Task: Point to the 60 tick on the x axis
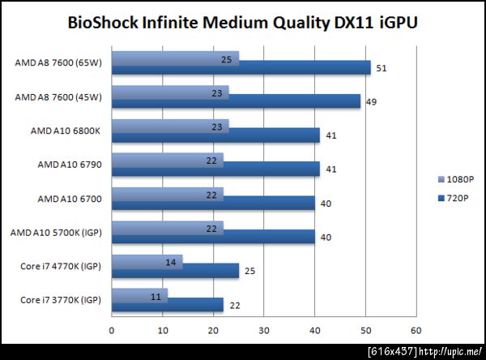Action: (416, 330)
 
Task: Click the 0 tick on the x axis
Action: (112, 330)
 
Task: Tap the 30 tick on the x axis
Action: (264, 330)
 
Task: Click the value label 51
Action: (381, 69)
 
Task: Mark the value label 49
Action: (371, 102)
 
